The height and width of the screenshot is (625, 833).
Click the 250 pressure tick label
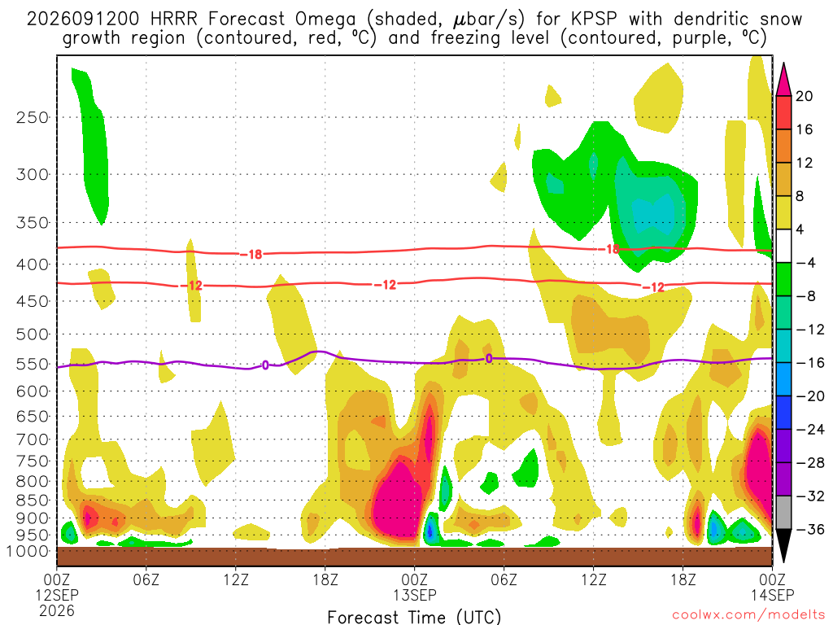click(x=33, y=117)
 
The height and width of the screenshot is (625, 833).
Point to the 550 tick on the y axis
click(x=33, y=365)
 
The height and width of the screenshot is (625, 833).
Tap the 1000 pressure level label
click(x=28, y=552)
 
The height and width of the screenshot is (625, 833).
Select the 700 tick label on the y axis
click(x=33, y=439)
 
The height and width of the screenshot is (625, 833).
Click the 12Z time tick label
click(x=236, y=579)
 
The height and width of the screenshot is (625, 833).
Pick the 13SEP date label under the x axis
click(x=415, y=595)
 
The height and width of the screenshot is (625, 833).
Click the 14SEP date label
click(x=772, y=595)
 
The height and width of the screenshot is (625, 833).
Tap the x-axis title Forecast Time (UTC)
click(x=414, y=617)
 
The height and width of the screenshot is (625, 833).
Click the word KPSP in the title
click(x=594, y=20)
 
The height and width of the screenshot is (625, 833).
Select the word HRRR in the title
click(x=174, y=20)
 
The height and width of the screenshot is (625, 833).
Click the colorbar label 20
click(x=805, y=96)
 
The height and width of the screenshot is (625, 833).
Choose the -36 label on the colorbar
click(x=809, y=529)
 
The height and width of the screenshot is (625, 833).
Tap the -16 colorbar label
click(x=809, y=363)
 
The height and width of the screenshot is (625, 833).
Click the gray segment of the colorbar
click(x=783, y=513)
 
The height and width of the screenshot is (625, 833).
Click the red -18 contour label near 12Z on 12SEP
click(x=251, y=255)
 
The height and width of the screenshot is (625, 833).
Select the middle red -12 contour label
click(x=385, y=286)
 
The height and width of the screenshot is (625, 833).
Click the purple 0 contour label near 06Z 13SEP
click(x=489, y=359)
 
